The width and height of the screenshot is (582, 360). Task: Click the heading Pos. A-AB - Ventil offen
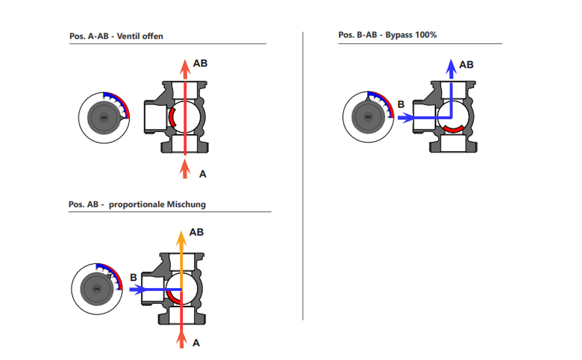pos(116,36)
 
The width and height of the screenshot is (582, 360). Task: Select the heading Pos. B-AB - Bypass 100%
pos(388,35)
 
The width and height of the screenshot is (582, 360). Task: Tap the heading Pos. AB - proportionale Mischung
pos(137,205)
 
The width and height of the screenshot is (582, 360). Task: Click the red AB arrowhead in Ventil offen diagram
pos(185,68)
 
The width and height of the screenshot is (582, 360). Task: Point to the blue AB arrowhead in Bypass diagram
pos(451,68)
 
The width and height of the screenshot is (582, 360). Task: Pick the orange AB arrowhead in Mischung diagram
pos(181,238)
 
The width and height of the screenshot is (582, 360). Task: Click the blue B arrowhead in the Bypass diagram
pos(406,118)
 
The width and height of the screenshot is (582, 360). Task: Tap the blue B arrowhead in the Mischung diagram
pos(138,289)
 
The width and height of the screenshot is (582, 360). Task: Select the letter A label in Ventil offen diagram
pos(203,174)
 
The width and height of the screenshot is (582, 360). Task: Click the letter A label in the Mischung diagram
pos(196,343)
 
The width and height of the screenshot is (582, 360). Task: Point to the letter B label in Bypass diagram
pos(401,104)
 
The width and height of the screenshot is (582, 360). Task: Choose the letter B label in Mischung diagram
pos(134,278)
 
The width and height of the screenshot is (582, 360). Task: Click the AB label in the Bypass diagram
pos(466,65)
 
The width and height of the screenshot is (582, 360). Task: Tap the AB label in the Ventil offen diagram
pos(200,64)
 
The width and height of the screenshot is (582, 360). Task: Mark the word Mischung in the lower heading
pos(187,205)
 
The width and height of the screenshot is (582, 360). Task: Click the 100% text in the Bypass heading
pos(426,35)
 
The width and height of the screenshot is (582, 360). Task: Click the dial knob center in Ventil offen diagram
pos(104,118)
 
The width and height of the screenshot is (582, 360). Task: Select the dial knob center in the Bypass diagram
pos(368,117)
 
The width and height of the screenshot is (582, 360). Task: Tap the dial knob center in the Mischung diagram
pos(97,289)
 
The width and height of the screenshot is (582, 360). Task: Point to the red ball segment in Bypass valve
pos(454,129)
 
